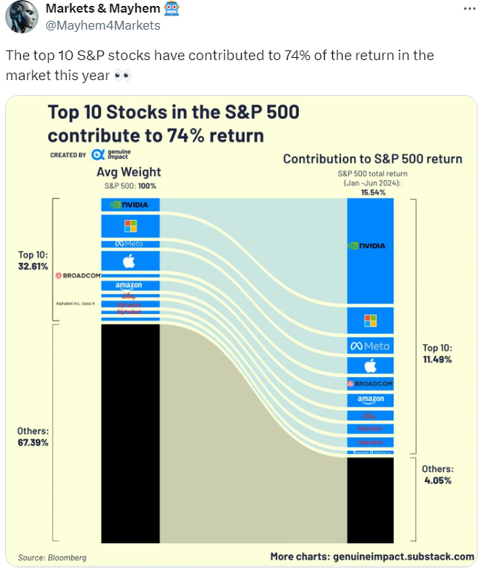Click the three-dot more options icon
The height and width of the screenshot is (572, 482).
469,8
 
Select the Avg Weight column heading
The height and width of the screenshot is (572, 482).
131,172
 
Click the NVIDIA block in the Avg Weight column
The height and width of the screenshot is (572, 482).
131,205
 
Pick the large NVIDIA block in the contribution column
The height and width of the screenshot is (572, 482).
370,246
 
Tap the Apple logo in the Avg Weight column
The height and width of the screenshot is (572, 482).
131,261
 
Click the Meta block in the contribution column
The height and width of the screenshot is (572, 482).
370,346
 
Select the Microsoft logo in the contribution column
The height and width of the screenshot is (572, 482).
370,320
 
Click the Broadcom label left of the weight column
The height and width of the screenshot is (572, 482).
76,276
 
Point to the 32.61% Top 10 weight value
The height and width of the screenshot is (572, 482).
33,266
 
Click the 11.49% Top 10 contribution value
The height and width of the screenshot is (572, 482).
437,359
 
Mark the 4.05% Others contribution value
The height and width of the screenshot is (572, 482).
437,480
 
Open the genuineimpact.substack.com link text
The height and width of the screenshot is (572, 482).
400,556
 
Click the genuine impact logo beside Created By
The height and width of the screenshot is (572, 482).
111,155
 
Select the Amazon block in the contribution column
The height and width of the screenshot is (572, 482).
370,400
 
